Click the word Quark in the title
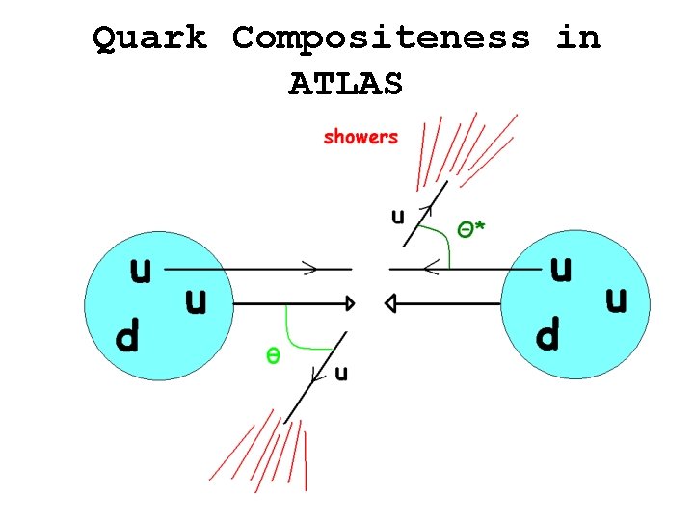tap(149, 39)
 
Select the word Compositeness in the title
tap(381, 39)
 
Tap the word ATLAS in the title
tap(345, 85)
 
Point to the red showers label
tap(360, 137)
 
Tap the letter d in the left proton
tap(127, 337)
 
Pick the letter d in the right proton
tap(547, 335)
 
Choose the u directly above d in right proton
tap(560, 270)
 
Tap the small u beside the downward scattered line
tap(341, 374)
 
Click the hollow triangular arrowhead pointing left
tap(391, 303)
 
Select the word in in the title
tap(578, 39)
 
